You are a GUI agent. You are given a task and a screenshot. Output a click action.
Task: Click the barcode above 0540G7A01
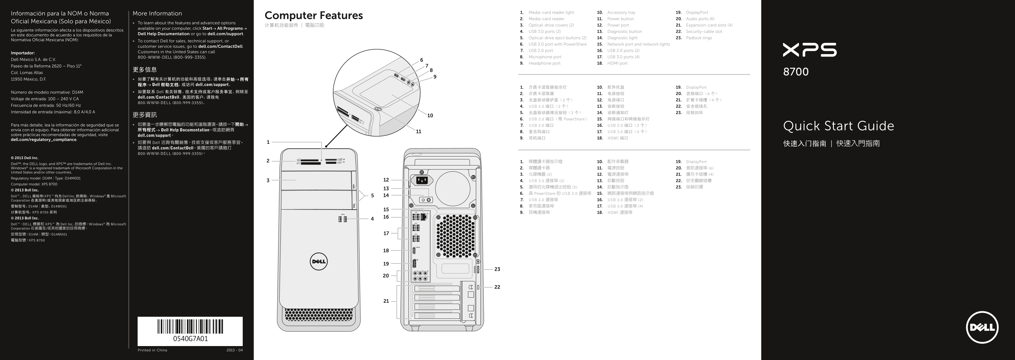(190, 327)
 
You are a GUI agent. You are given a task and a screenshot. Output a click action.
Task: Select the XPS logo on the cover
(810, 50)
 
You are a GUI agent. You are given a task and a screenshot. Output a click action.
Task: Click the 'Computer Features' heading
(314, 15)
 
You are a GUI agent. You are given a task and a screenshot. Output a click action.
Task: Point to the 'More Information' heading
(157, 13)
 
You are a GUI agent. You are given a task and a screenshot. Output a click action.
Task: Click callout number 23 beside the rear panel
(497, 269)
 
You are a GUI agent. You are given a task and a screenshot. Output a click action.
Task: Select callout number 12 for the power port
(386, 180)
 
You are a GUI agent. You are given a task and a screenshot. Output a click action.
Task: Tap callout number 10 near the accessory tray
(430, 116)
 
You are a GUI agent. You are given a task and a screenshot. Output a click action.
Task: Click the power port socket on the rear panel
(422, 180)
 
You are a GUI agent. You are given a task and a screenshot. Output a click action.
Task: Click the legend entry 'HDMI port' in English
(618, 63)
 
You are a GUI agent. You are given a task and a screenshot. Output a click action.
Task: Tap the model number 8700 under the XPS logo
(796, 72)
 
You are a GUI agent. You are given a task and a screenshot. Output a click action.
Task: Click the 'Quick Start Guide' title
(838, 126)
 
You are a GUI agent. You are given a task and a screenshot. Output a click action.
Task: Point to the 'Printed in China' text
(152, 350)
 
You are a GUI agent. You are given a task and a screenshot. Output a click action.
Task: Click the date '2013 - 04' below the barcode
(235, 350)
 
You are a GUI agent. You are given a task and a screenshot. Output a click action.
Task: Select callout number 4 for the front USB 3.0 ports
(372, 219)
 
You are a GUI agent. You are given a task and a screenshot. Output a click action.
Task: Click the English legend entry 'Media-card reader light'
(551, 12)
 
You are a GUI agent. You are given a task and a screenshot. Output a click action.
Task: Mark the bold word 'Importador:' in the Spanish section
(23, 53)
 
